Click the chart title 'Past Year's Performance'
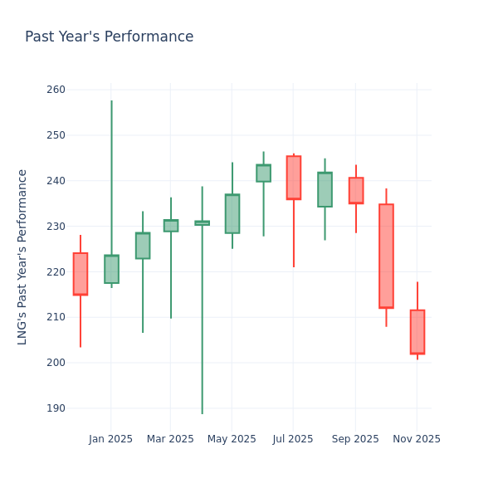point(109,37)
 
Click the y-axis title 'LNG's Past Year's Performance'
point(23,256)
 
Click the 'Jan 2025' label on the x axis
point(110,439)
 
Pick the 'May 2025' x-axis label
point(232,439)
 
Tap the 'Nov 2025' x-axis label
point(417,439)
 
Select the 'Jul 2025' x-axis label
point(293,439)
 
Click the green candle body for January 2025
point(111,269)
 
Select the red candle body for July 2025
point(294,178)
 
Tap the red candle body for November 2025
point(417,332)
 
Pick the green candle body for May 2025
point(232,214)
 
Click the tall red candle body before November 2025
point(386,256)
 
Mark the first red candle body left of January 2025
point(81,274)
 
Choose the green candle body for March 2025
point(171,226)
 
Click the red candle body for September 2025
point(356,190)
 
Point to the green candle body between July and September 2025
point(325,189)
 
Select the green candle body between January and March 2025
point(143,246)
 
